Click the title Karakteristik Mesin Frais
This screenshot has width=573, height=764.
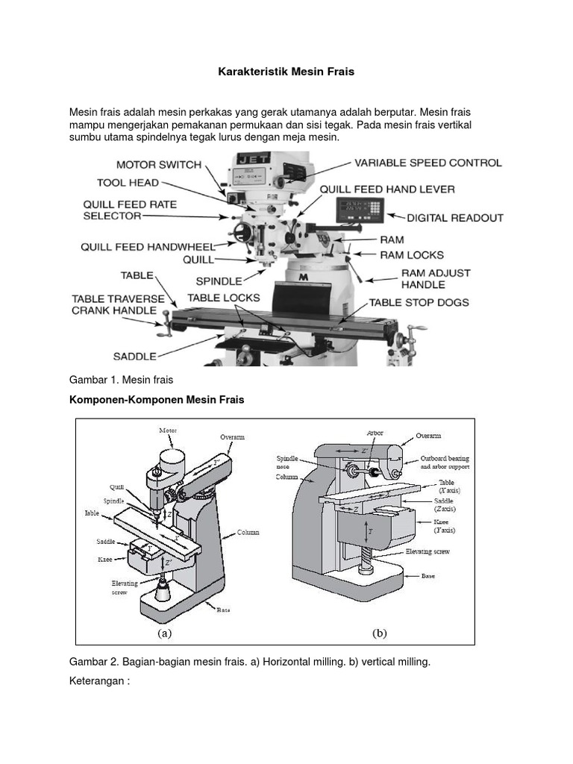tap(286, 72)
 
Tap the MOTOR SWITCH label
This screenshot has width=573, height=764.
tap(158, 164)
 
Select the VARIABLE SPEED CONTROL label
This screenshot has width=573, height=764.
tap(428, 163)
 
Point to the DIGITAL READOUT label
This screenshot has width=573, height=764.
tap(454, 219)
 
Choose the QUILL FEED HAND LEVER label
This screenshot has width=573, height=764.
tap(386, 190)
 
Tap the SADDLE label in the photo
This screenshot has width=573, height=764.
tap(135, 356)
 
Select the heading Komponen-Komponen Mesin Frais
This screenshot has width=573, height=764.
tap(157, 400)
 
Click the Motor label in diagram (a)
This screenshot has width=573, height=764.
tap(168, 430)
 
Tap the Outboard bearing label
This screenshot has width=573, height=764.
tap(445, 459)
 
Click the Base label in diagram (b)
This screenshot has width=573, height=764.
tap(428, 576)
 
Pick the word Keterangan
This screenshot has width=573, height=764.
tap(99, 681)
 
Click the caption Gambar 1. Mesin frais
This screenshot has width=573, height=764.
tap(120, 380)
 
